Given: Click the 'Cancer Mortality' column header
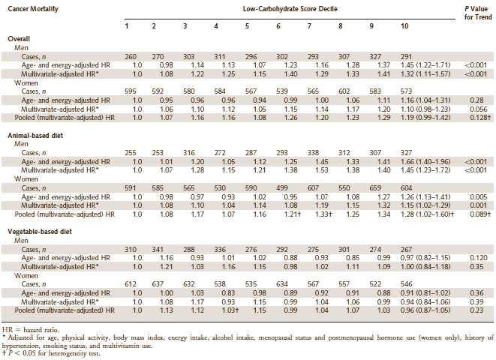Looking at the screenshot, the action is tap(33, 9).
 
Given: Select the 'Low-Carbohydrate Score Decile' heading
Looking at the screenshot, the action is tap(290, 9).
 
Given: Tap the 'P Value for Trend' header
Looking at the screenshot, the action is tap(478, 13).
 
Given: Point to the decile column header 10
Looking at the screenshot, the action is tap(404, 26).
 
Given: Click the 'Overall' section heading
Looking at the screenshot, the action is tap(19, 39).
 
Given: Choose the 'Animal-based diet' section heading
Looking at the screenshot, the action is tap(35, 136).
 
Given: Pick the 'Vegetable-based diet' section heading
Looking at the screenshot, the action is tap(40, 232).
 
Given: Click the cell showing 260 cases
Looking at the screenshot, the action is tap(131, 57).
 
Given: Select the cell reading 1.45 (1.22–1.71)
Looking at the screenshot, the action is tap(425, 65).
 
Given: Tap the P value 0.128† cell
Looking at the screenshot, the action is tap(479, 118).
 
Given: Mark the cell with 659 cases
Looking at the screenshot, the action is tap(375, 188).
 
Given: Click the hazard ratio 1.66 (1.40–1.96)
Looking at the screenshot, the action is tap(425, 162).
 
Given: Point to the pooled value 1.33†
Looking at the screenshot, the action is tap(323, 214).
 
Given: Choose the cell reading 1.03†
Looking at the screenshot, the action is tap(230, 310).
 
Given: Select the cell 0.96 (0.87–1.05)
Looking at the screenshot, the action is tap(425, 310).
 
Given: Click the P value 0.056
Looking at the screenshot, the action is tap(479, 109).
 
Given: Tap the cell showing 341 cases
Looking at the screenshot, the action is tap(158, 250).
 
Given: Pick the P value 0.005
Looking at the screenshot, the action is tap(479, 197).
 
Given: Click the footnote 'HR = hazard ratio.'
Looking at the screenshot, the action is tap(30, 330).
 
